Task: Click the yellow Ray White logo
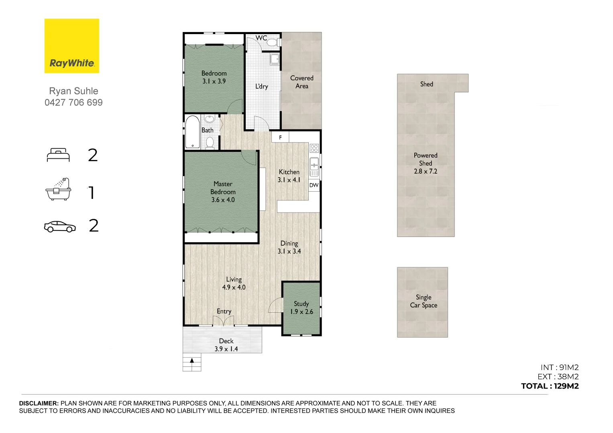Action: coord(71,46)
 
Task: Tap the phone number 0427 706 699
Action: coord(73,103)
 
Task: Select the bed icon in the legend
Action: coord(58,155)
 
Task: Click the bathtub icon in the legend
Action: coord(58,189)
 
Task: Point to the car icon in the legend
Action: coord(59,227)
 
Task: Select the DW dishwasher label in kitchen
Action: coord(314,185)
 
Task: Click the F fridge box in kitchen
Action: coord(280,138)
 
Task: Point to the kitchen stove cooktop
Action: coord(314,148)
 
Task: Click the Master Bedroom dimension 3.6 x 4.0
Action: coord(223,200)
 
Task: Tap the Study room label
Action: coord(301,304)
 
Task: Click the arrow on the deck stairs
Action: coord(192,360)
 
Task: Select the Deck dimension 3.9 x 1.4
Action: coord(226,349)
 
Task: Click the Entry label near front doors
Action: coord(224,312)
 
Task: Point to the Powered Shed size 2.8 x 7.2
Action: coord(426,171)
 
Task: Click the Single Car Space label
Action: coord(424,301)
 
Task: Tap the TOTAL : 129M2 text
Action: coord(550,386)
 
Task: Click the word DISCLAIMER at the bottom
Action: coord(39,403)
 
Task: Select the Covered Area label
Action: coord(301,82)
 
